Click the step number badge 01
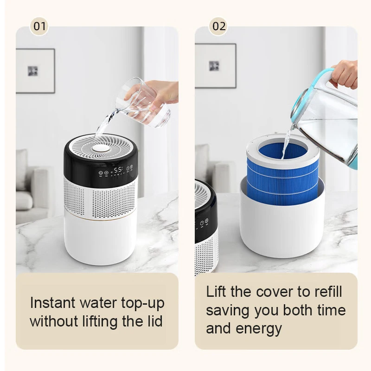39,26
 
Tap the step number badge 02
218,26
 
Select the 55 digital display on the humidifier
118,170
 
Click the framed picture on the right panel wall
215,65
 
